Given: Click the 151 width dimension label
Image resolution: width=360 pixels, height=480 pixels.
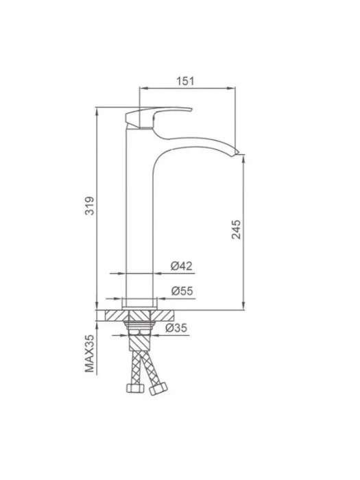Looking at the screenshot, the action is [x=185, y=81].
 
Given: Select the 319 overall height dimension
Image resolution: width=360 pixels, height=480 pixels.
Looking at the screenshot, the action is [x=90, y=206].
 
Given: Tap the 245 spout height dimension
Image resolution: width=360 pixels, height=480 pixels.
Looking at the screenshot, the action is [x=236, y=229].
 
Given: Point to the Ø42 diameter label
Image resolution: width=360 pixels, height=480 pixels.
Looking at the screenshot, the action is [x=182, y=266].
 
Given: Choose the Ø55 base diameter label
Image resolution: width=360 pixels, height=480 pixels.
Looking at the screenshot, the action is [x=182, y=291].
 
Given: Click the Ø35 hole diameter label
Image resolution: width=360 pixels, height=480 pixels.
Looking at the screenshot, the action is [x=176, y=328].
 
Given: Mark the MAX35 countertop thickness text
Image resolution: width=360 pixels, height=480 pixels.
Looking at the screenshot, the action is [x=90, y=353].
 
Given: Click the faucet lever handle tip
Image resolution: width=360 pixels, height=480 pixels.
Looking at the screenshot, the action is [x=191, y=109].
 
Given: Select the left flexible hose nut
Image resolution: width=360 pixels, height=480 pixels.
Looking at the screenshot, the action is [x=135, y=388].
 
